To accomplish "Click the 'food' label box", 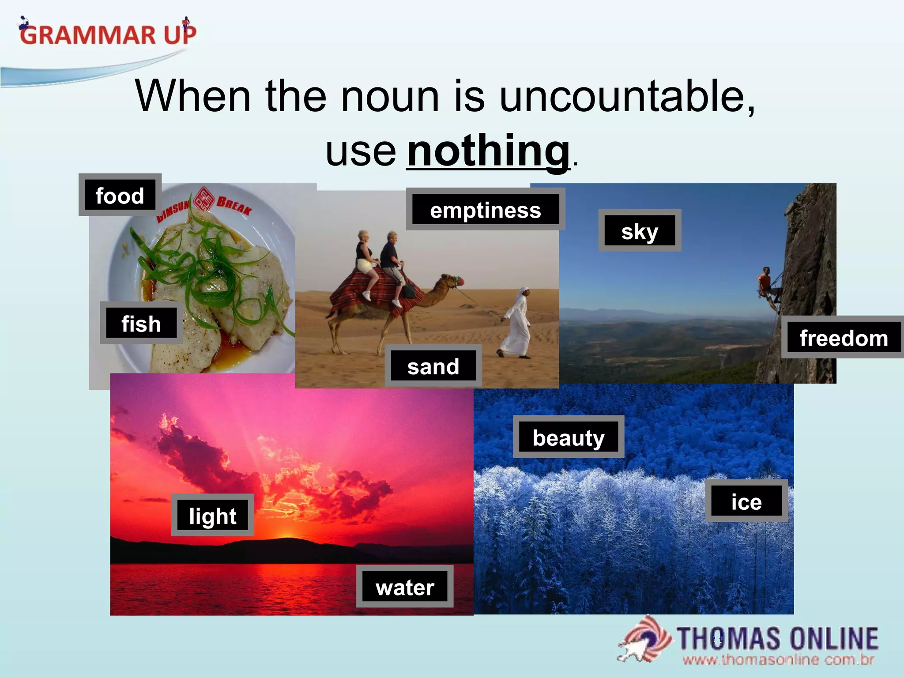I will pyautogui.click(x=120, y=195).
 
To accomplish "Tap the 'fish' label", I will pyautogui.click(x=141, y=323).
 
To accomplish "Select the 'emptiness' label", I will pyautogui.click(x=485, y=210).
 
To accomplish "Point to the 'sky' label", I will pyautogui.click(x=639, y=231).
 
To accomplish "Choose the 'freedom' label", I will pyautogui.click(x=843, y=338).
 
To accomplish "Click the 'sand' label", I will pyautogui.click(x=433, y=366).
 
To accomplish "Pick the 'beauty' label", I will pyautogui.click(x=568, y=437).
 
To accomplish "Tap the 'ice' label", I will pyautogui.click(x=746, y=501).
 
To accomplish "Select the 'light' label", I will pyautogui.click(x=212, y=515).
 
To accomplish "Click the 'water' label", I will pyautogui.click(x=405, y=587).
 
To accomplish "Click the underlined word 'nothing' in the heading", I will pyautogui.click(x=488, y=151).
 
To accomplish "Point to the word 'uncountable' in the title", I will pyautogui.click(x=627, y=96).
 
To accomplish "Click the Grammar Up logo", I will pyautogui.click(x=108, y=33).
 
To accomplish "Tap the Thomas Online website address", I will pyautogui.click(x=778, y=660).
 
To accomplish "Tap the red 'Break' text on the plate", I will pyautogui.click(x=234, y=205).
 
